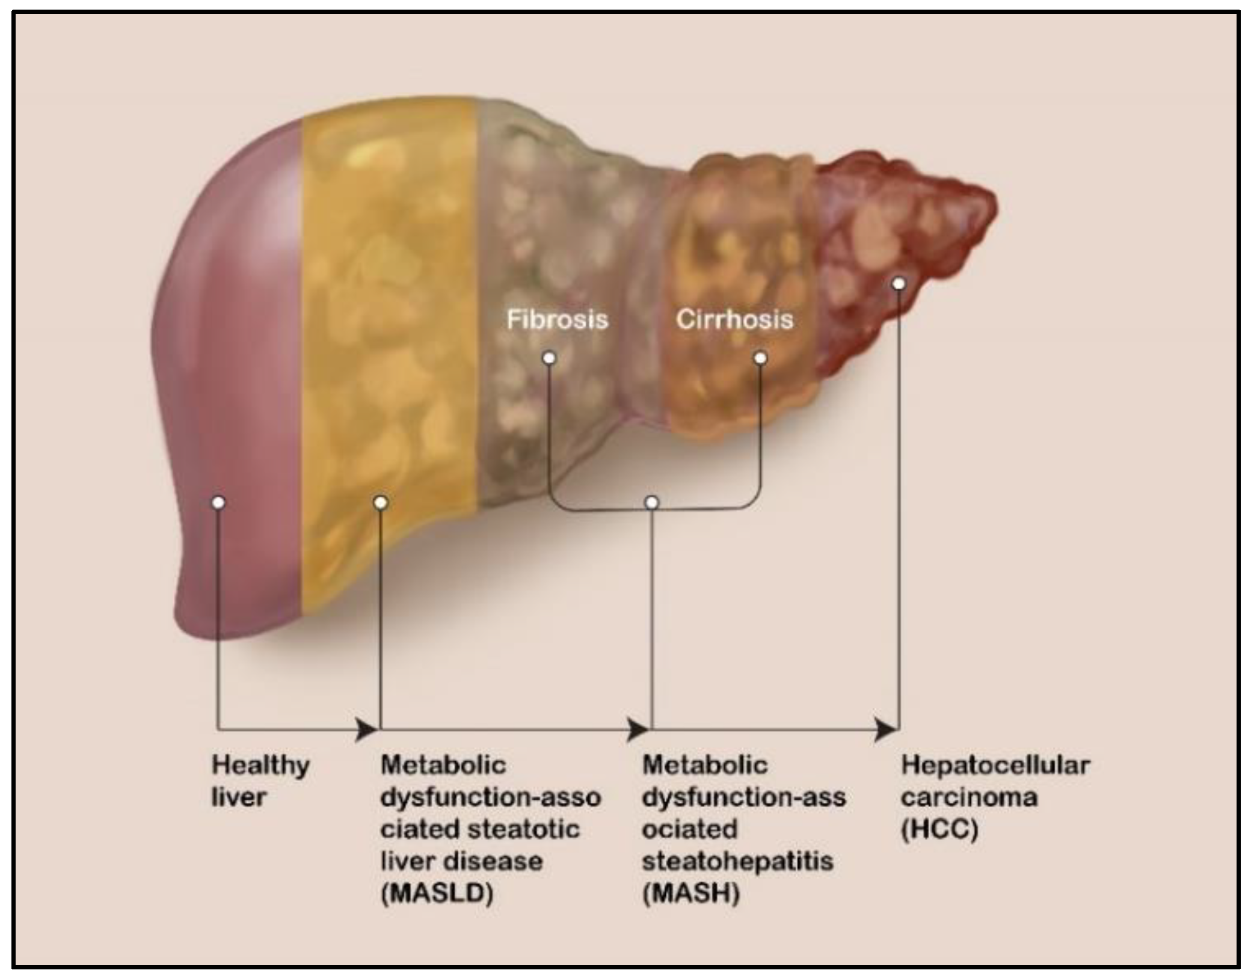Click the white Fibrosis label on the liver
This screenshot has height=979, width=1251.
pyautogui.click(x=557, y=319)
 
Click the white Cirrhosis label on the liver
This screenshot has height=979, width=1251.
pyautogui.click(x=734, y=319)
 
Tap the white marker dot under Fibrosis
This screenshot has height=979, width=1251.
pyautogui.click(x=549, y=358)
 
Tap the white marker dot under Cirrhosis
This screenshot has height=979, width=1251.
pyautogui.click(x=760, y=358)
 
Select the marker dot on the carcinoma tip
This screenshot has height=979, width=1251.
pyautogui.click(x=898, y=283)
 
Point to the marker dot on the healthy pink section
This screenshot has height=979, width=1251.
pyautogui.click(x=218, y=502)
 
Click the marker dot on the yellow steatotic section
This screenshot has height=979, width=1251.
pyautogui.click(x=380, y=502)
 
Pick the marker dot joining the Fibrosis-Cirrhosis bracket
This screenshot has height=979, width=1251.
pyautogui.click(x=652, y=502)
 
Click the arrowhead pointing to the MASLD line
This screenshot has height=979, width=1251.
pyautogui.click(x=366, y=729)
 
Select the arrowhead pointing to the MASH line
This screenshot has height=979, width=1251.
pyautogui.click(x=637, y=729)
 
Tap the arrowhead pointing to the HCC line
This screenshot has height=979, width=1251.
pyautogui.click(x=885, y=729)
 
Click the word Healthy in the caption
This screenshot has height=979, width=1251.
pyautogui.click(x=260, y=766)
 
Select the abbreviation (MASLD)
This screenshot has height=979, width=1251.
pyautogui.click(x=437, y=893)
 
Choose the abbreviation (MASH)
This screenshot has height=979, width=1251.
pyautogui.click(x=691, y=893)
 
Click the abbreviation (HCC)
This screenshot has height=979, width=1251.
pyautogui.click(x=939, y=829)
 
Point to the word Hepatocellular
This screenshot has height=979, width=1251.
pyautogui.click(x=995, y=766)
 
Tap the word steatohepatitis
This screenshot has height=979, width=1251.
pyautogui.click(x=737, y=861)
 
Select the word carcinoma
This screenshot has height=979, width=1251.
pyautogui.click(x=969, y=797)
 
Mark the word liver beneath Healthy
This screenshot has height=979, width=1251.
pyautogui.click(x=238, y=797)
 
